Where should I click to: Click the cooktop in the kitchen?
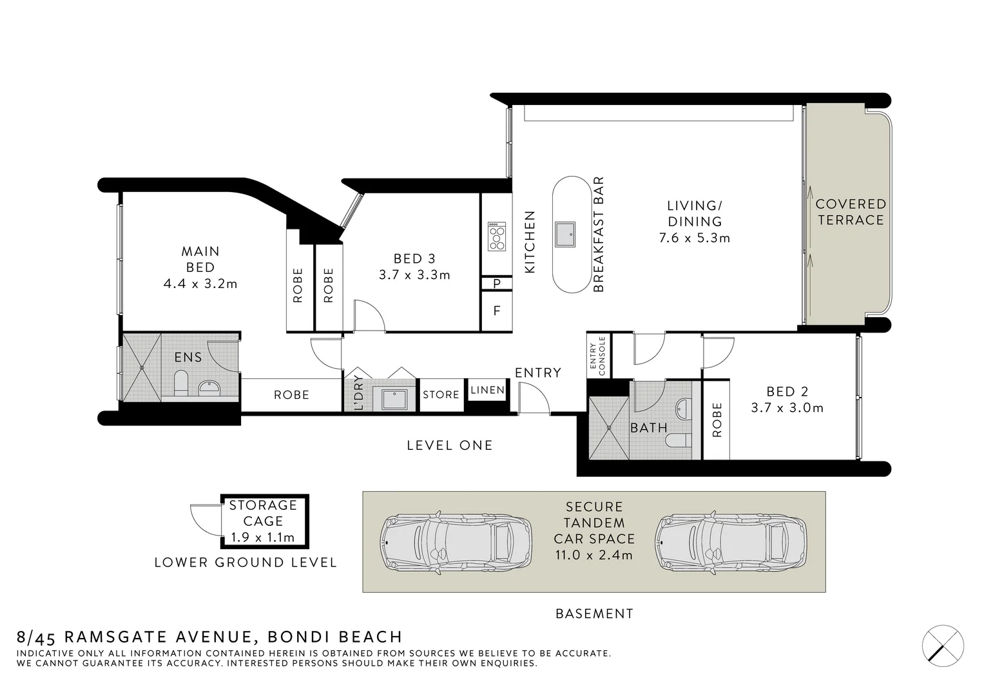pos(496,237)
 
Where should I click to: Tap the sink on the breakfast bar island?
pos(565,234)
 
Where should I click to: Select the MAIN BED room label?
pos(200,259)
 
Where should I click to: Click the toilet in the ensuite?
pos(181,383)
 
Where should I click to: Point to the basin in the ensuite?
pos(209,387)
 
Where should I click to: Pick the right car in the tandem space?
pos(730,542)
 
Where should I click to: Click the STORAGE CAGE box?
pos(264,521)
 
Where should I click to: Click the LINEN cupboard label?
pos(488,390)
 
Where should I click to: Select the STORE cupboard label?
pos(441,394)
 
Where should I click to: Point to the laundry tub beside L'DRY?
pos(395,398)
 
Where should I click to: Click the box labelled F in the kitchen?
pos(497,311)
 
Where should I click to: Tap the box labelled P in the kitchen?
pos(497,284)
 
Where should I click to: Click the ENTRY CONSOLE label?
pos(597,356)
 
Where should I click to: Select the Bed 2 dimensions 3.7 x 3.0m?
pos(787,408)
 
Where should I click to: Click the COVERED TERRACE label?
pos(850,212)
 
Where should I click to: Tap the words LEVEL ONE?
pos(449,445)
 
